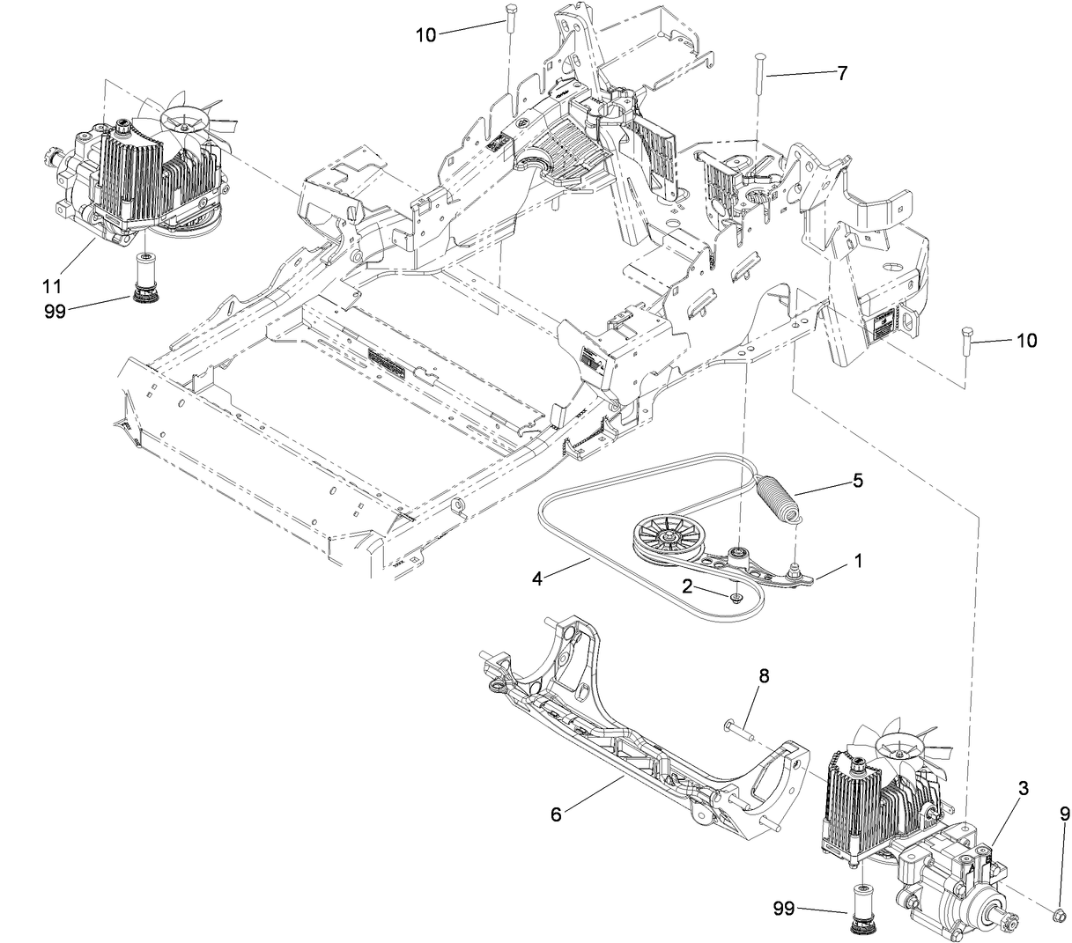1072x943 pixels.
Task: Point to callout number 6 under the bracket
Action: [x=556, y=814]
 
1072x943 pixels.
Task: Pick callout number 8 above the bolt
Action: [x=763, y=677]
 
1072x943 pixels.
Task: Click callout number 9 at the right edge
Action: [x=1064, y=816]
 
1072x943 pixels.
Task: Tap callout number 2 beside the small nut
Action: [x=694, y=586]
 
